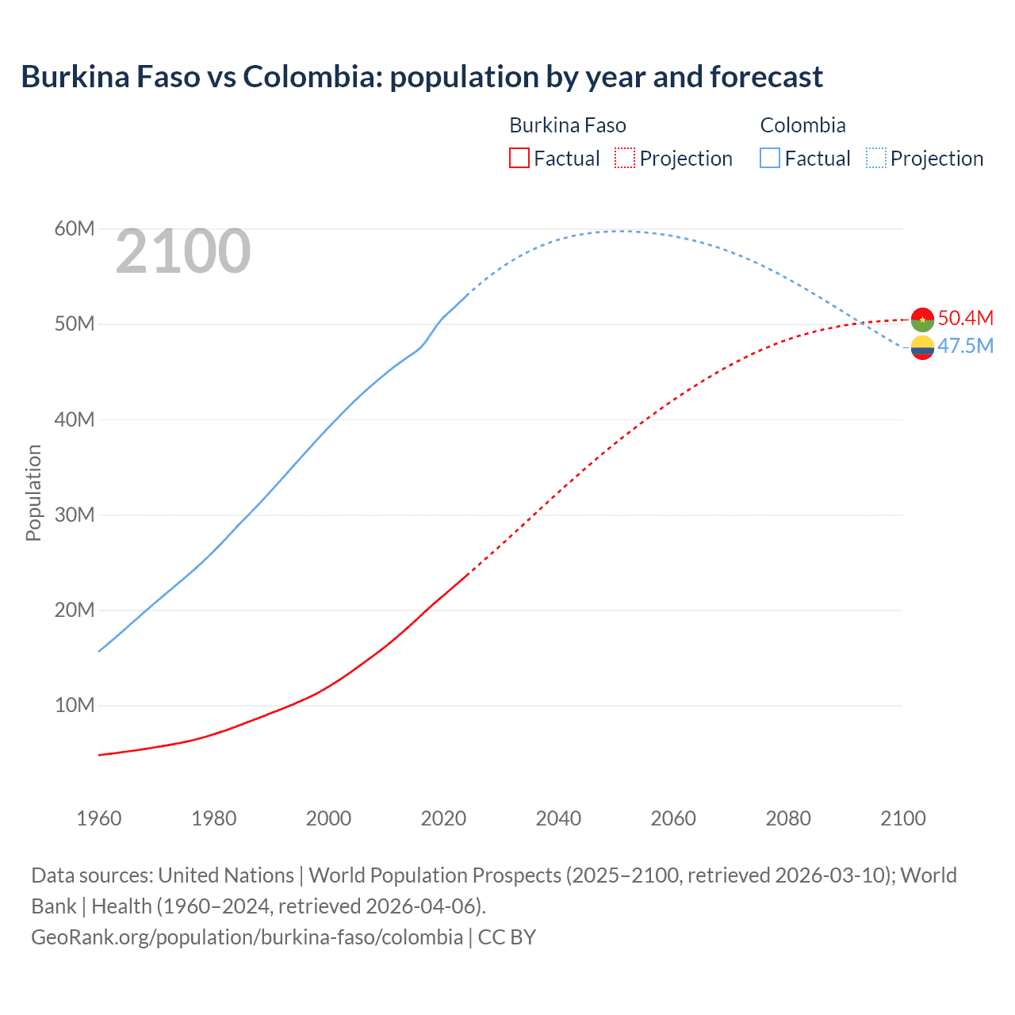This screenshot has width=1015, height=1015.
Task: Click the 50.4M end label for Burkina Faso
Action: point(965,318)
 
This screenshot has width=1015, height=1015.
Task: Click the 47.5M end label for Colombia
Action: point(965,346)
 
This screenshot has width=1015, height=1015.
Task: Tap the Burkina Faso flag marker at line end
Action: point(922,319)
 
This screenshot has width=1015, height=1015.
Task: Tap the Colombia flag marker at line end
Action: point(922,347)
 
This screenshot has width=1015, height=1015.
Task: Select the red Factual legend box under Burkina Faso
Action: point(519,159)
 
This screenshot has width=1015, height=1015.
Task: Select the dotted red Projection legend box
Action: point(625,159)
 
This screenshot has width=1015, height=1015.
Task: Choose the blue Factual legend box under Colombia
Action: point(770,159)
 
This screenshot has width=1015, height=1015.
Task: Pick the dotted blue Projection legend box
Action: point(875,159)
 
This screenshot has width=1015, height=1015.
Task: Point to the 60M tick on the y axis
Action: point(75,229)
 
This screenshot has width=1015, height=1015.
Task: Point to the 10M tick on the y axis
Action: point(75,705)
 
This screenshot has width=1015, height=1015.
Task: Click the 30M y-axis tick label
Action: point(75,515)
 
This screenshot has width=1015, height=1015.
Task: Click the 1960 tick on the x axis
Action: point(99,818)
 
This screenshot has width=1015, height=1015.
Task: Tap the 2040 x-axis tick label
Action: point(558,818)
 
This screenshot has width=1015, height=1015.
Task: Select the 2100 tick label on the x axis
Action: point(902,818)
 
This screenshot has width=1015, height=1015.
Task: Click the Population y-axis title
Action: point(33,492)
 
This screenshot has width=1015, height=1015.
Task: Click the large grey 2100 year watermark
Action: point(183,252)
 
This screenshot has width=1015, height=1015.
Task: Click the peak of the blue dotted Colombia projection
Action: point(621,231)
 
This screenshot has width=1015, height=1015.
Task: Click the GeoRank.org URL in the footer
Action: point(247,936)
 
